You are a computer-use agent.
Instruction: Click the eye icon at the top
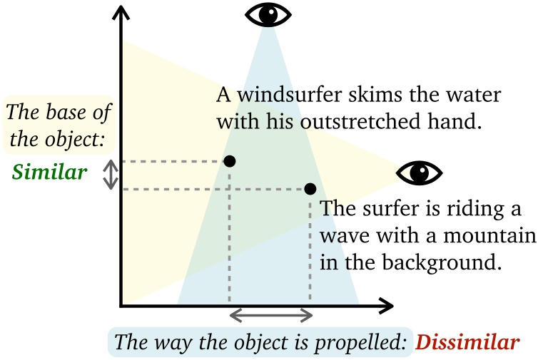pyautogui.click(x=268, y=14)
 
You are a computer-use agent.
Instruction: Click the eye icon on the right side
pyautogui.click(x=420, y=172)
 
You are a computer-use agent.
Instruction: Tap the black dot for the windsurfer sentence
pyautogui.click(x=230, y=161)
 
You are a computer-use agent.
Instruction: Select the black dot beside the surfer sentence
pyautogui.click(x=310, y=189)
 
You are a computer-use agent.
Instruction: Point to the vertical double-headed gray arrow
pyautogui.click(x=110, y=175)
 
